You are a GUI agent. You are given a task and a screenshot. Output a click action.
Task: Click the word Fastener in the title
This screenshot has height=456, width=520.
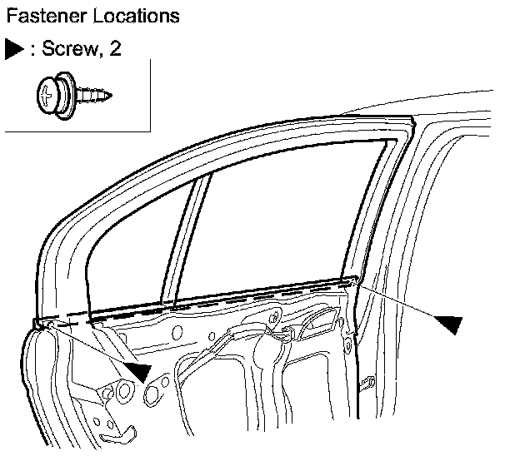40,15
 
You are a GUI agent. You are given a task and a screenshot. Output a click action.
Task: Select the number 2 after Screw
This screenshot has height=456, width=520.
115,49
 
